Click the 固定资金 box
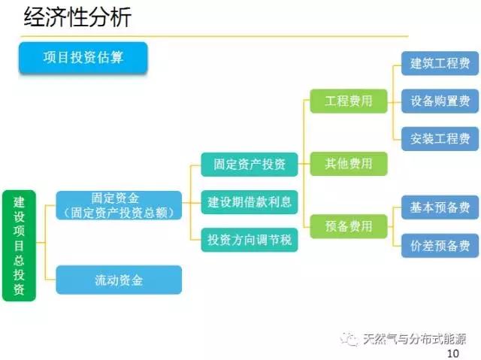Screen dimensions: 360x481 119,205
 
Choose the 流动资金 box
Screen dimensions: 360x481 119,280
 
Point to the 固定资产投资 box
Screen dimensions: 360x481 249,164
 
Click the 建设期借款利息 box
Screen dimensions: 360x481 249,201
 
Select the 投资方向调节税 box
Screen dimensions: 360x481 249,240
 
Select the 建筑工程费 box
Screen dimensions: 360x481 440,63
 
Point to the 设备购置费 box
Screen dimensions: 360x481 440,101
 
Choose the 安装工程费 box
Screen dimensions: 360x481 440,138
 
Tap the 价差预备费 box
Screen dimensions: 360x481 440,245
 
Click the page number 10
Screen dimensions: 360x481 452,353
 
